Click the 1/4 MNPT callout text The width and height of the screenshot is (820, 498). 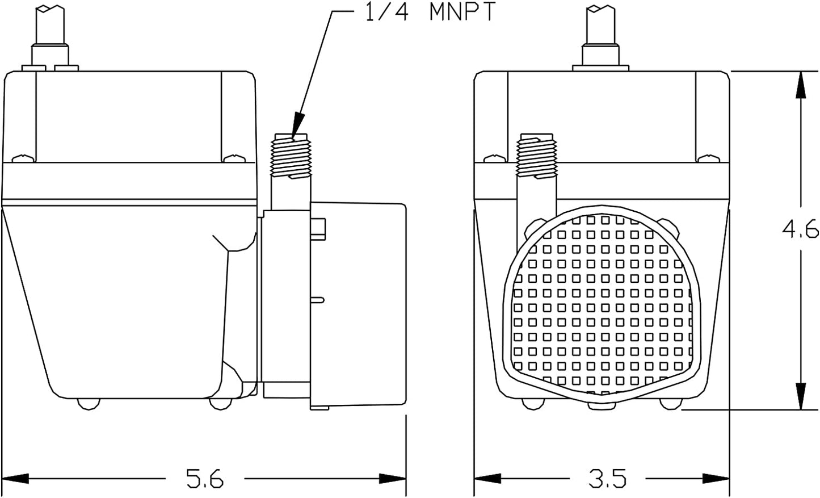[x=431, y=12]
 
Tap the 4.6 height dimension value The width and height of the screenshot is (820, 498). [x=800, y=229]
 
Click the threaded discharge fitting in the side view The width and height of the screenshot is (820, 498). [x=291, y=156]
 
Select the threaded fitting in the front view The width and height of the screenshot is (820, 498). [x=536, y=156]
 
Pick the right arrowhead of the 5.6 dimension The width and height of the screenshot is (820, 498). [x=393, y=478]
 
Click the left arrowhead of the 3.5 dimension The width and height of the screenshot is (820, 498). [x=487, y=478]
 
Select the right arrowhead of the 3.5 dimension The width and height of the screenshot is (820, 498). [x=716, y=478]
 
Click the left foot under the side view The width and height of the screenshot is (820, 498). [x=89, y=404]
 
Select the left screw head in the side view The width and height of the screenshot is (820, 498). [x=23, y=158]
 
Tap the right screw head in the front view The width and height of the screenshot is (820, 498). [x=708, y=158]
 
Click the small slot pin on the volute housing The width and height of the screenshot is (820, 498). [x=317, y=300]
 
